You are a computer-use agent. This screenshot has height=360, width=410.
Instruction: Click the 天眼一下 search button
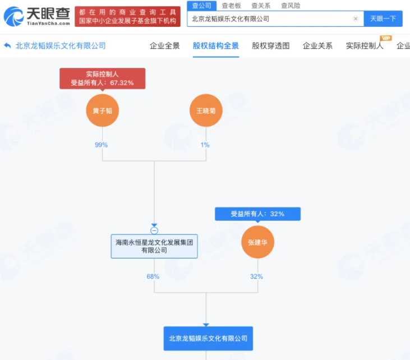point(383,19)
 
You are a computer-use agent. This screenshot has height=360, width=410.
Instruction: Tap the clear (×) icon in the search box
point(356,19)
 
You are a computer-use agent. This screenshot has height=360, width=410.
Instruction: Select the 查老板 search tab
point(231,6)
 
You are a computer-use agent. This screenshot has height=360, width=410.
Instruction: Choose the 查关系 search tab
point(261,6)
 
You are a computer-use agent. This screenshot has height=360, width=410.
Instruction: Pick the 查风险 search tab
point(291,6)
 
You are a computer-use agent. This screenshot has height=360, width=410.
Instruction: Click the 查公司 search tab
point(201,6)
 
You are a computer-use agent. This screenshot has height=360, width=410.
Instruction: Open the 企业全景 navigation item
point(165,46)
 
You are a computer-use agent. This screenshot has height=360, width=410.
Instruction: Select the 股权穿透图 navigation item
point(271,46)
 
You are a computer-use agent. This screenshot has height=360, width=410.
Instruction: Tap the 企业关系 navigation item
point(317,46)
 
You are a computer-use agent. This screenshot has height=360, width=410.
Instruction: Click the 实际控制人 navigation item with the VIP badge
point(365,46)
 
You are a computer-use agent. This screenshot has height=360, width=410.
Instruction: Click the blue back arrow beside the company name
point(8,46)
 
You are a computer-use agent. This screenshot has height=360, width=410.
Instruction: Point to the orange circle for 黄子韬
point(102,110)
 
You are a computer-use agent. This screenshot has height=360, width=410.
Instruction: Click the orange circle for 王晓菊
point(206,110)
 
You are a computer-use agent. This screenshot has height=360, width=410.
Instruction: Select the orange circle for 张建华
point(257,242)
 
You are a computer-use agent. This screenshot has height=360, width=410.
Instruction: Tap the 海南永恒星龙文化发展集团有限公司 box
point(154,246)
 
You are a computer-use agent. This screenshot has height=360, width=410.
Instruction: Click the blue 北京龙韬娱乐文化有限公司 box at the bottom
point(208,338)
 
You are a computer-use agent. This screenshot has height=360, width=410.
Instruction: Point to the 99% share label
point(101,145)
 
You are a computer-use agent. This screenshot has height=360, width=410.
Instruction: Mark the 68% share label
point(153,276)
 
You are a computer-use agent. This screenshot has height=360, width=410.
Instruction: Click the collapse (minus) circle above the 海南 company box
point(154,230)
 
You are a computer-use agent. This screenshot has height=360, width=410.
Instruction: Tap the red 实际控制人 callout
point(103,79)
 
